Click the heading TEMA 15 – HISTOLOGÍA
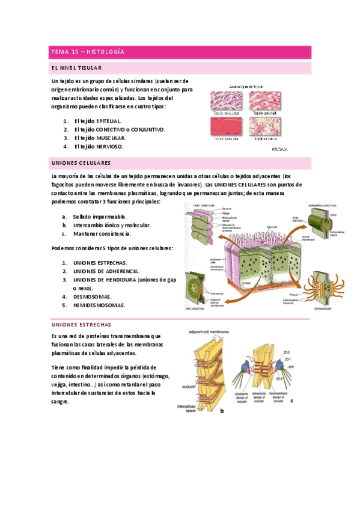pyautogui.click(x=88, y=52)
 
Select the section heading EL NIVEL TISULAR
pyautogui.click(x=76, y=69)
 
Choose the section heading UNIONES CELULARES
pyautogui.click(x=81, y=163)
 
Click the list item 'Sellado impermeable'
pyautogui.click(x=99, y=217)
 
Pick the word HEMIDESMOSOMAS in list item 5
pyautogui.click(x=99, y=305)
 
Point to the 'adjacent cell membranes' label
pyautogui.click(x=210, y=330)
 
